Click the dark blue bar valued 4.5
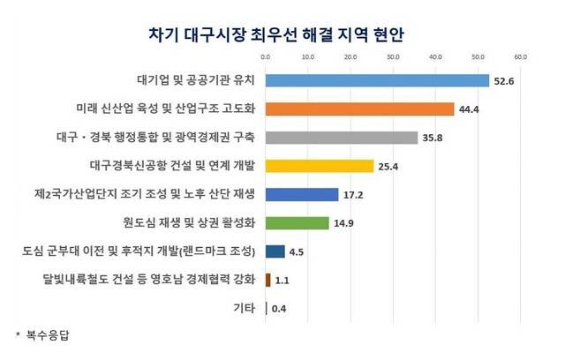click(275, 251)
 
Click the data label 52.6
click(503, 81)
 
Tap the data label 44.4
click(469, 109)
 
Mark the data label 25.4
click(388, 166)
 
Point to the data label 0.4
click(279, 308)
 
